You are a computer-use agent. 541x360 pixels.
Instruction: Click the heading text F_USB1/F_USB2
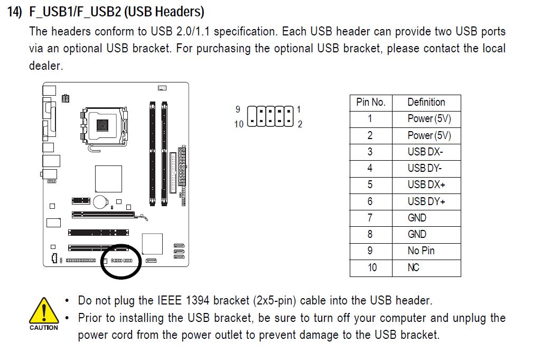click(x=75, y=12)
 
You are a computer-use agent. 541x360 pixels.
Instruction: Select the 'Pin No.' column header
click(x=371, y=102)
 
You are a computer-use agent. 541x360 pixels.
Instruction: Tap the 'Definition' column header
click(x=426, y=102)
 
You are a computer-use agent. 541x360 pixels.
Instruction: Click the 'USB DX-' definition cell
click(x=425, y=152)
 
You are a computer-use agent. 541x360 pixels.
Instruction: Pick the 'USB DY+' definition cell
click(x=426, y=201)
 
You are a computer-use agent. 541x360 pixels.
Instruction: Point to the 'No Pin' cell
click(x=421, y=251)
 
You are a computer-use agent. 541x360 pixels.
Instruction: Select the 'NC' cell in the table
click(x=413, y=267)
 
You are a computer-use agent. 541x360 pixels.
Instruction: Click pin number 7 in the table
click(x=370, y=218)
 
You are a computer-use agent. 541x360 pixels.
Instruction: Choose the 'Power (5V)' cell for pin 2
click(x=429, y=135)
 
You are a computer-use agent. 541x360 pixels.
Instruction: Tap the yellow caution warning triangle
click(x=44, y=311)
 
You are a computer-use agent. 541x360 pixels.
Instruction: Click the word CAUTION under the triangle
click(x=44, y=328)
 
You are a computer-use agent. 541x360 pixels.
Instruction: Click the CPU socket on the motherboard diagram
click(x=103, y=126)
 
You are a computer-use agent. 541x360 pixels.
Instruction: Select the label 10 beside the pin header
click(x=239, y=124)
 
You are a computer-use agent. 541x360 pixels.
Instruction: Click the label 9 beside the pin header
click(x=238, y=109)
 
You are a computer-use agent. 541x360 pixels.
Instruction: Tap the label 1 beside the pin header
click(x=299, y=109)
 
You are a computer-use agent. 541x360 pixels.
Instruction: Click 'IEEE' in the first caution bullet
click(x=170, y=300)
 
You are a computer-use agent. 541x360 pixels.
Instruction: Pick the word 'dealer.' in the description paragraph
click(x=46, y=66)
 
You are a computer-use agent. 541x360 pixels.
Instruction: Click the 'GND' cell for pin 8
click(x=417, y=234)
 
